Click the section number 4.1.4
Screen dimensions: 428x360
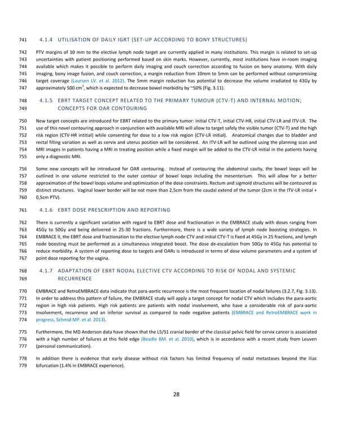point(46,40)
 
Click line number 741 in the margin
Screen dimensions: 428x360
point(23,40)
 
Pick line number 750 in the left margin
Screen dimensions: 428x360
point(23,121)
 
